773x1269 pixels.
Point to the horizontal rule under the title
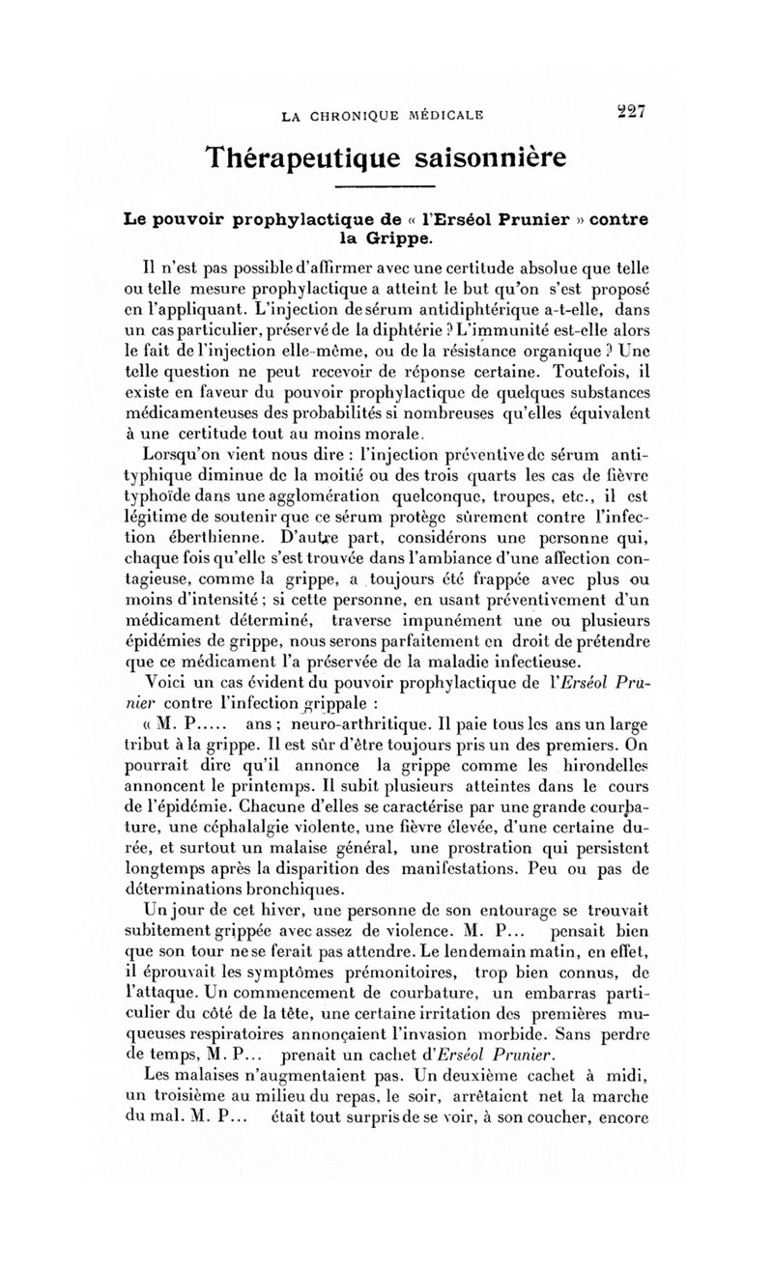point(386,186)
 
